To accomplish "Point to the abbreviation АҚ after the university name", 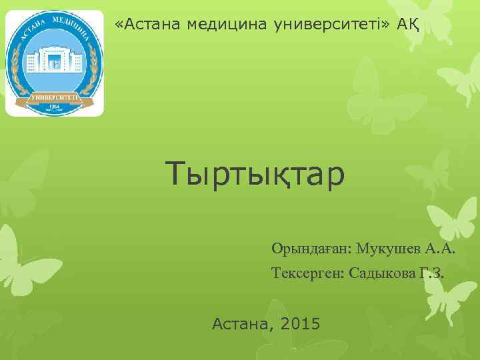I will tap(408, 25).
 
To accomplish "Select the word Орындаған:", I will tap(311, 249).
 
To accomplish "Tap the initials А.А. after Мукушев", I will tap(441, 249).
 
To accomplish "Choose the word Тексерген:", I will tap(307, 273).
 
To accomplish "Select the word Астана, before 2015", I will tap(243, 325).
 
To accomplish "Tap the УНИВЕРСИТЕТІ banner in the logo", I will tap(55, 97).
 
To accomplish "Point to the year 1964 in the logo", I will tap(55, 107).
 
